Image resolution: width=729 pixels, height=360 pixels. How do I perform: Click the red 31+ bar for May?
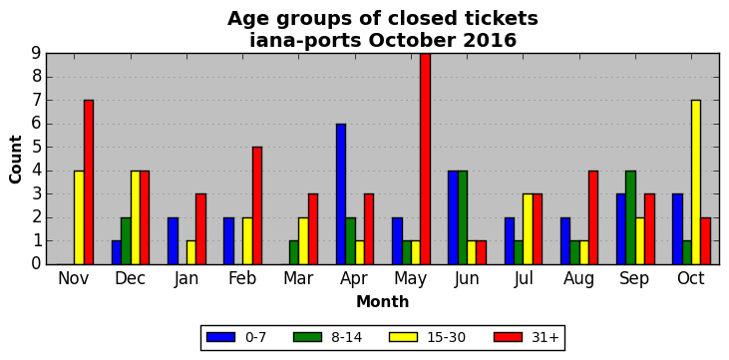tap(426, 159)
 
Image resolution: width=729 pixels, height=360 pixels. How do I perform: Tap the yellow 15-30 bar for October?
tap(696, 182)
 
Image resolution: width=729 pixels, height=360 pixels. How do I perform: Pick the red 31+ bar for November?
tap(89, 182)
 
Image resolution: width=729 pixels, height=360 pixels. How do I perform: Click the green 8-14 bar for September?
tap(630, 217)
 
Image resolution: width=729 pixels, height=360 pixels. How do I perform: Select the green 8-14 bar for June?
tap(463, 217)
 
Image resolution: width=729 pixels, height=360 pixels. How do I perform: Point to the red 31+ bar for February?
tap(257, 205)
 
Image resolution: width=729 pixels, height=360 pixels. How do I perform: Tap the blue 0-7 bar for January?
tap(173, 241)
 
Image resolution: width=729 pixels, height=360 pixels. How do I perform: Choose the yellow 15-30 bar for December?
tap(136, 217)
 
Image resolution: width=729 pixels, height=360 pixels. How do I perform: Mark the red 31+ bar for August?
tap(593, 217)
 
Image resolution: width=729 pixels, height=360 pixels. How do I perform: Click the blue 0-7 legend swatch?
tap(220, 337)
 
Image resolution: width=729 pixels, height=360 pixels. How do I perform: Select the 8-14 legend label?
tap(346, 338)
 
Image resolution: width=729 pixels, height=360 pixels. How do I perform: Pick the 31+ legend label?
tap(545, 338)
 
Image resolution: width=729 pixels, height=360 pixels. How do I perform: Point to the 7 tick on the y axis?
tap(38, 101)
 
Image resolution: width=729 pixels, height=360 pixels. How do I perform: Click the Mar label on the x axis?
tap(298, 278)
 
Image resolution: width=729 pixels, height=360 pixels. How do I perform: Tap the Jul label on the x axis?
tap(523, 279)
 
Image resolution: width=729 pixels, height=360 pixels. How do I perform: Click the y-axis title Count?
tap(15, 160)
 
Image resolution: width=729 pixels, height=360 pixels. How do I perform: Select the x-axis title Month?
tap(383, 302)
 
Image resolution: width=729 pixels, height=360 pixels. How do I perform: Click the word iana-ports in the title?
tap(305, 41)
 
